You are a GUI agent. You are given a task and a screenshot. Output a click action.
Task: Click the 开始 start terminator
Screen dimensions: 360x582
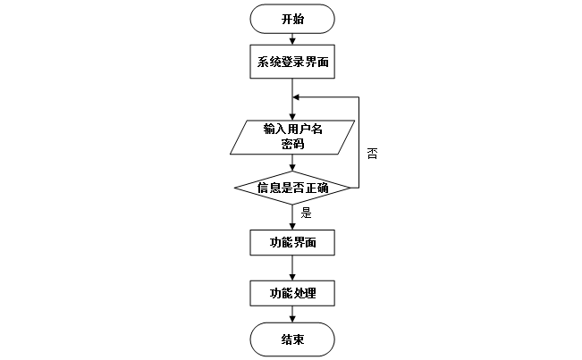click(x=292, y=19)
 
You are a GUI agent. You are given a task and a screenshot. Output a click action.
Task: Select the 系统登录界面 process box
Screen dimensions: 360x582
click(x=292, y=62)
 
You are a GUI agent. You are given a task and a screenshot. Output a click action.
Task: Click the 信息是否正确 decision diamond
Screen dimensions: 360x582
click(x=292, y=188)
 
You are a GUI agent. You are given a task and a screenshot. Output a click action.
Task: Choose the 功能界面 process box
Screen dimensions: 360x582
click(x=292, y=243)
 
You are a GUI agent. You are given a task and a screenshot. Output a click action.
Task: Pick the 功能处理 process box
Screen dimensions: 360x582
click(x=292, y=292)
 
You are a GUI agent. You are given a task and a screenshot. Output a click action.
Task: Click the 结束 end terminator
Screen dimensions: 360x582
click(x=292, y=339)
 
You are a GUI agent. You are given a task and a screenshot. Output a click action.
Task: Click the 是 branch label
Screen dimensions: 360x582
click(x=306, y=213)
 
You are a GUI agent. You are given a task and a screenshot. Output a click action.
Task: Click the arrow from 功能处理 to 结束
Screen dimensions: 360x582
click(x=292, y=314)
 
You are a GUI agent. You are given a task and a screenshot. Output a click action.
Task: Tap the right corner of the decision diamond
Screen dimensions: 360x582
click(x=350, y=188)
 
